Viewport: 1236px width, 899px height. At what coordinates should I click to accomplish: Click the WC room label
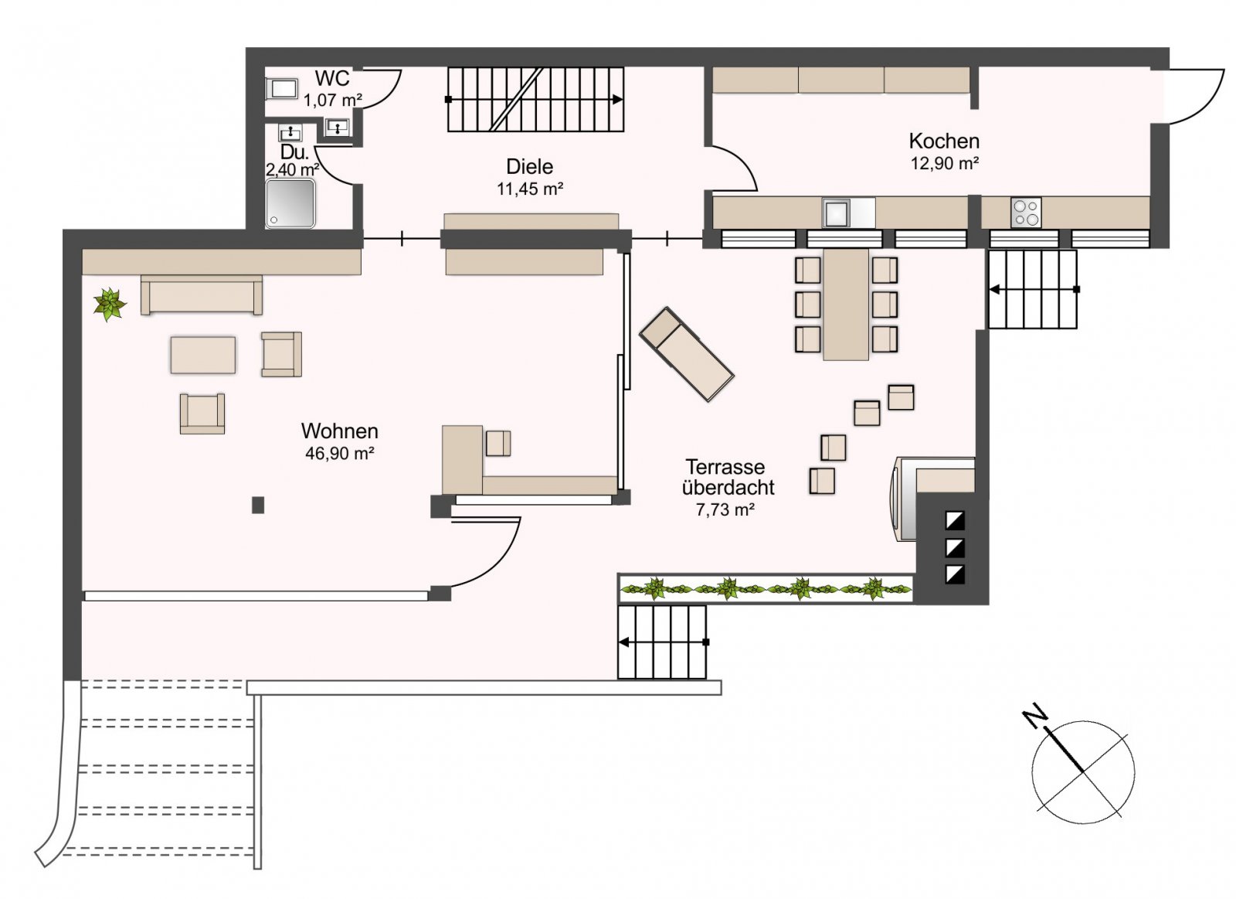coord(332,78)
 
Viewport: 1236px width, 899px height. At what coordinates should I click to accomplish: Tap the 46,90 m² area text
coord(339,454)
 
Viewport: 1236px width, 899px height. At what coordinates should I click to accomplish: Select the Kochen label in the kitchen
coord(944,141)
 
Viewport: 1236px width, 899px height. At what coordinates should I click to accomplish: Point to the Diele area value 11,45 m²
coord(529,189)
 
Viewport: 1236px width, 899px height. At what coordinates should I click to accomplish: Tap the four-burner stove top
coord(1026,213)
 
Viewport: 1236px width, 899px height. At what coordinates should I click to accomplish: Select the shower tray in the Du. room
coord(290,203)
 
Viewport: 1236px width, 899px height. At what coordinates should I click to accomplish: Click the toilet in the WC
coord(281,90)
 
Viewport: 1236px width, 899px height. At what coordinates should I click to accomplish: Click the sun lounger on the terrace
coord(686,354)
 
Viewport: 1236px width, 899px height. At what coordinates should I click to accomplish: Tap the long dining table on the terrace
coord(846,304)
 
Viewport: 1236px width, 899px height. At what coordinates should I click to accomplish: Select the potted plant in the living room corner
coord(110,305)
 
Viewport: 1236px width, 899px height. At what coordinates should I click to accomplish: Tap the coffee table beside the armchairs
coord(203,355)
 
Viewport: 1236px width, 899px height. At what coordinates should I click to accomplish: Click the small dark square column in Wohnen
coord(258,505)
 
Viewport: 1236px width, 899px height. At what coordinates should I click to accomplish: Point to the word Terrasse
coord(725,467)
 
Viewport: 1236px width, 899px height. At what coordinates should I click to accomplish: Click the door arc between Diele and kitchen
coord(734,167)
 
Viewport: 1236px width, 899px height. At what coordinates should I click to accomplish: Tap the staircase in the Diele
coord(535,100)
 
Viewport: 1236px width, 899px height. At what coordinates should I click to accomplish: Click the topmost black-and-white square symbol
coord(955,520)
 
